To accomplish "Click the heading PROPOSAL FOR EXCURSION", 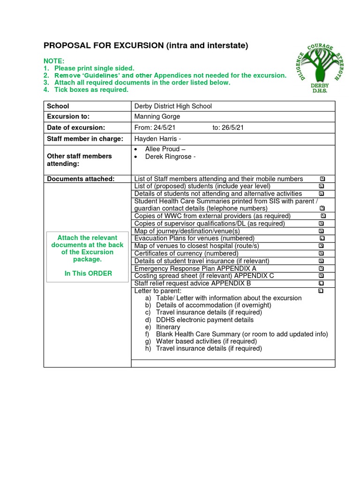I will [145, 45].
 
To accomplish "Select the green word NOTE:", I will [54, 61].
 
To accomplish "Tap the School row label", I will [58, 106].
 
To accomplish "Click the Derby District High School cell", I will [173, 106].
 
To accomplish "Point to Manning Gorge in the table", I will [157, 117].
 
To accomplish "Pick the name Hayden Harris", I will [153, 139].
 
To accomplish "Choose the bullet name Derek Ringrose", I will [168, 157].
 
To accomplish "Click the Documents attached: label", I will [81, 179].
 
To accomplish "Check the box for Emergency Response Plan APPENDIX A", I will [321, 268].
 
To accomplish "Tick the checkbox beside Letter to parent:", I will [321, 291].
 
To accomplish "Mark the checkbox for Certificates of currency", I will [321, 253].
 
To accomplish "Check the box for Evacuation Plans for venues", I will [322, 238].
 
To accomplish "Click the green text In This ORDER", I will [88, 273].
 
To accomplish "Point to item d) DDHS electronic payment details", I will [199, 320].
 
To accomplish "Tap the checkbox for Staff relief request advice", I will [321, 283].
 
